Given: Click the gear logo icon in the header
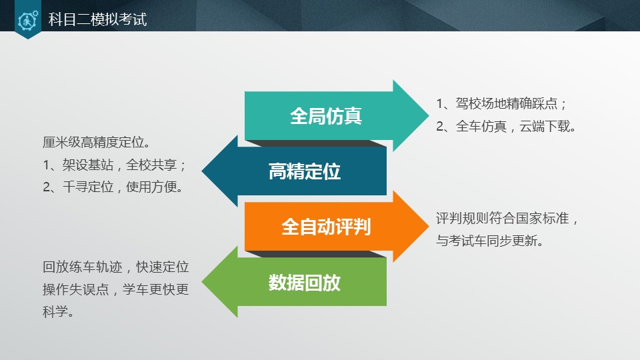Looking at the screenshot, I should pos(27,20).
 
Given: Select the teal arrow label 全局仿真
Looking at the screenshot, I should pos(325,116).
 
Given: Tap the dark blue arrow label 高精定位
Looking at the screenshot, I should pos(305,171).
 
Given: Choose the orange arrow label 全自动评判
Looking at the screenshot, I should pos(325,227).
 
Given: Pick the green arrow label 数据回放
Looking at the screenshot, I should pos(305,282).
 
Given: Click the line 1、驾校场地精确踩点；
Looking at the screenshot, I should pos(502,104).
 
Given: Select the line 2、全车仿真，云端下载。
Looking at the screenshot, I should pos(507,127).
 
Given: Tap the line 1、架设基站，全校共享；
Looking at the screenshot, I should pos(114,165).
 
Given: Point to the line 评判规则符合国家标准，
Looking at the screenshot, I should pos(509,218).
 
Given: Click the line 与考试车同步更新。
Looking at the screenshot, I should pos(490,241).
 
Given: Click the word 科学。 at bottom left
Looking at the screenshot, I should pos(58,312).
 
